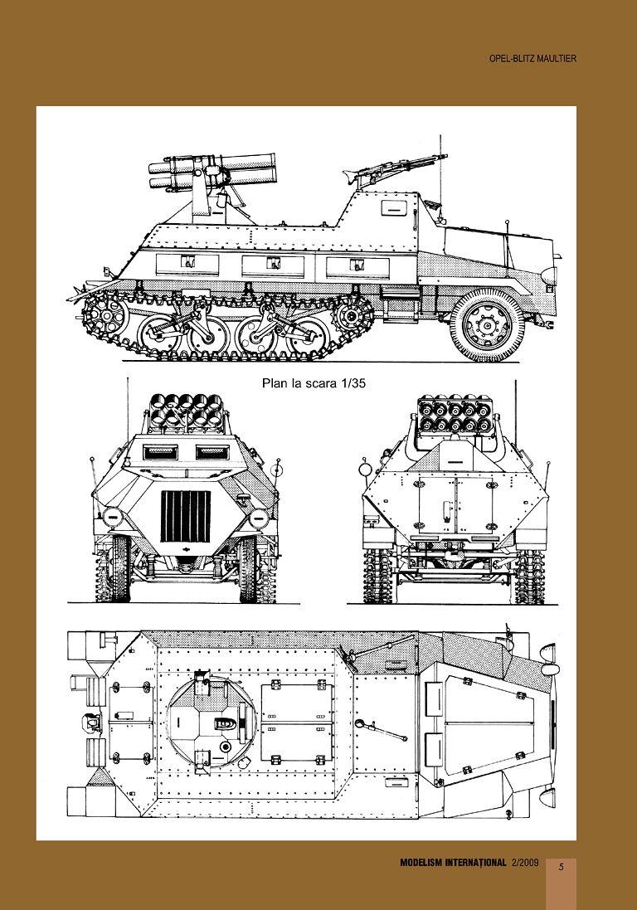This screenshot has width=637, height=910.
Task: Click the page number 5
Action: click(x=561, y=867)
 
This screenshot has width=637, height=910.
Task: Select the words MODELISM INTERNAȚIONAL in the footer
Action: click(x=453, y=863)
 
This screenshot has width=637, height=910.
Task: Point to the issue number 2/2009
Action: click(x=525, y=863)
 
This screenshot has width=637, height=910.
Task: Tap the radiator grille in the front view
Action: click(x=184, y=515)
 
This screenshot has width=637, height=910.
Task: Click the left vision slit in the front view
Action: click(x=162, y=452)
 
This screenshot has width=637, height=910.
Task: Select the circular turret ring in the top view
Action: click(x=212, y=723)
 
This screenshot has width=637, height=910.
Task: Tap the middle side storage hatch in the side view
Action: click(x=272, y=265)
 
